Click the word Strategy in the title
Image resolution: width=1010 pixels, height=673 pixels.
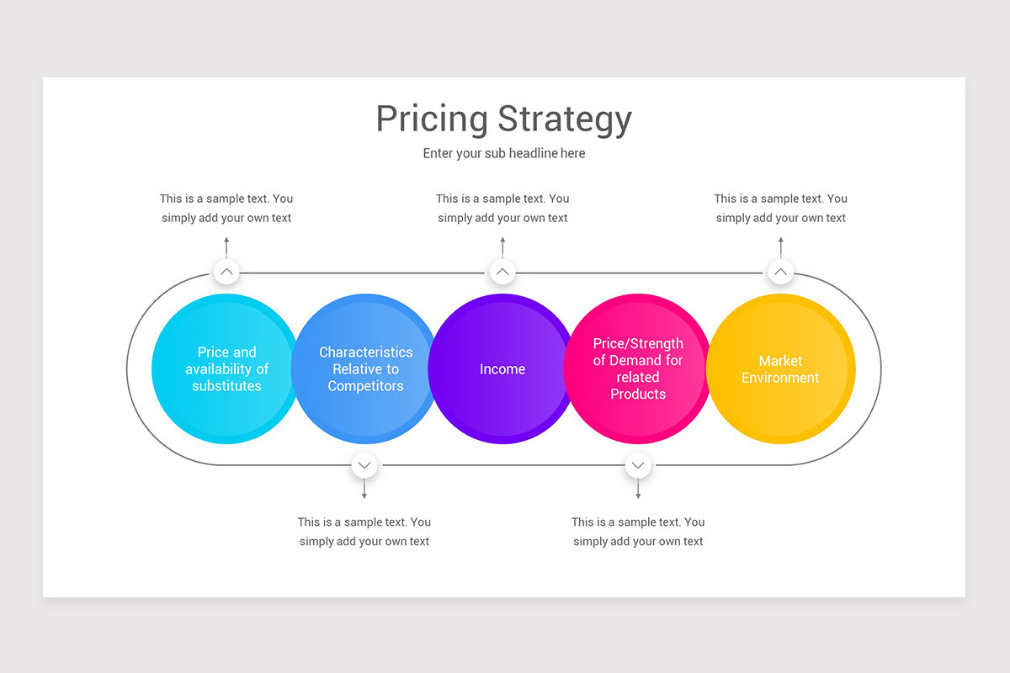point(564,119)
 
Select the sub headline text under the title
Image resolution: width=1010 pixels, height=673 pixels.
point(504,153)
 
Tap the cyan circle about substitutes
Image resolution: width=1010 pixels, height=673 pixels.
point(226,412)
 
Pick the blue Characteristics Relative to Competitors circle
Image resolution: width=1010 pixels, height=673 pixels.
point(364,416)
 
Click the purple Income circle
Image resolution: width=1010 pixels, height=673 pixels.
point(502,408)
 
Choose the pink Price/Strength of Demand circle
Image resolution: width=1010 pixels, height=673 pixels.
point(638,421)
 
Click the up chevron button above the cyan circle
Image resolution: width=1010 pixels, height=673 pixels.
point(226,273)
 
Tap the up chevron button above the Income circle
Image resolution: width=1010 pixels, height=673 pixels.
point(502,273)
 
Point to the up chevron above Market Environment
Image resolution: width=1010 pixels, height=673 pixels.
point(780,273)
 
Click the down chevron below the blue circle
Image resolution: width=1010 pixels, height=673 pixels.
point(364,464)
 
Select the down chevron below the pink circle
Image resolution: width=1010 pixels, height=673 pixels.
point(638,464)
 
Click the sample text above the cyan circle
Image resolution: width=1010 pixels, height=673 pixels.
point(226,209)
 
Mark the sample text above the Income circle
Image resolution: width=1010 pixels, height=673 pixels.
point(502,209)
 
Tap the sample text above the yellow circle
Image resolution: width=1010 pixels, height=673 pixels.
point(781,209)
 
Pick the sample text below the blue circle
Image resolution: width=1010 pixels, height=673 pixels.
point(364,532)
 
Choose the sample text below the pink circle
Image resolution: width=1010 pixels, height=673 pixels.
point(638,532)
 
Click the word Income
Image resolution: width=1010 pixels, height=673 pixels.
point(502,369)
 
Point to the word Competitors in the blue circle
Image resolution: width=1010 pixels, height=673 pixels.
point(365,386)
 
